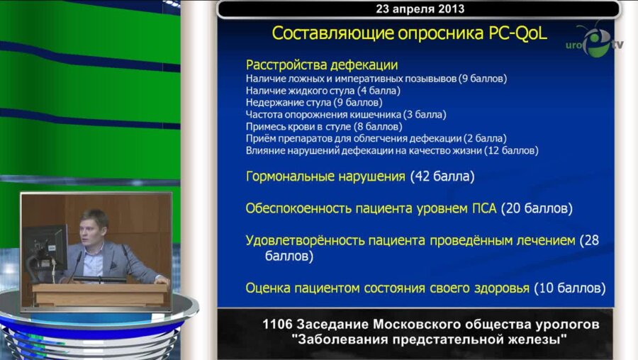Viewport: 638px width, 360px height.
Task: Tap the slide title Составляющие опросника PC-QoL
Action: point(409,33)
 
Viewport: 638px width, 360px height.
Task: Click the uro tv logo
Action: point(594,42)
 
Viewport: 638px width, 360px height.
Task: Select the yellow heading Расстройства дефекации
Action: point(322,65)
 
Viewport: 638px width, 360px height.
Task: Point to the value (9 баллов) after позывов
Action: point(482,79)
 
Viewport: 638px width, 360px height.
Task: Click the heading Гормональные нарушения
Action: point(325,176)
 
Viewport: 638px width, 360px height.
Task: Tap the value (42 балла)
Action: point(442,176)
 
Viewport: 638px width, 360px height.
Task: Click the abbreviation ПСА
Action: point(485,209)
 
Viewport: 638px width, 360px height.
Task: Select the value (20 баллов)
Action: point(537,209)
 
